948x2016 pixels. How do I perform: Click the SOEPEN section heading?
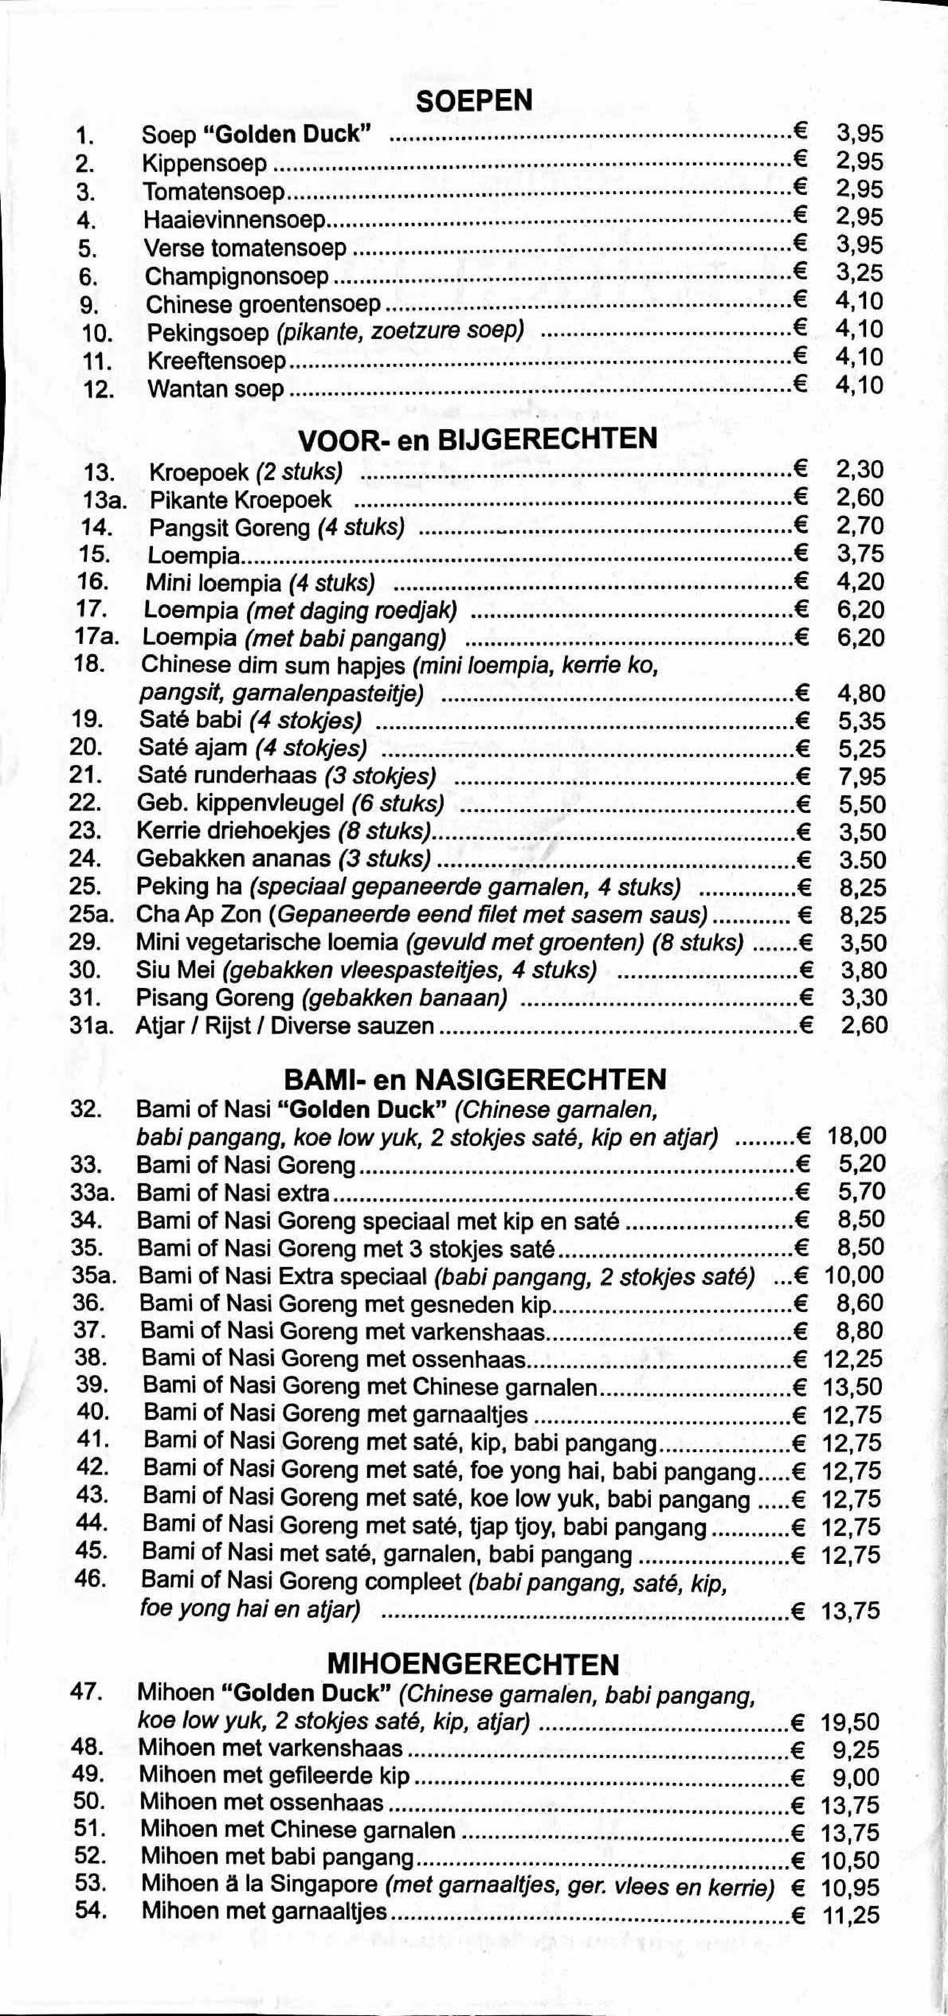[475, 101]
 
